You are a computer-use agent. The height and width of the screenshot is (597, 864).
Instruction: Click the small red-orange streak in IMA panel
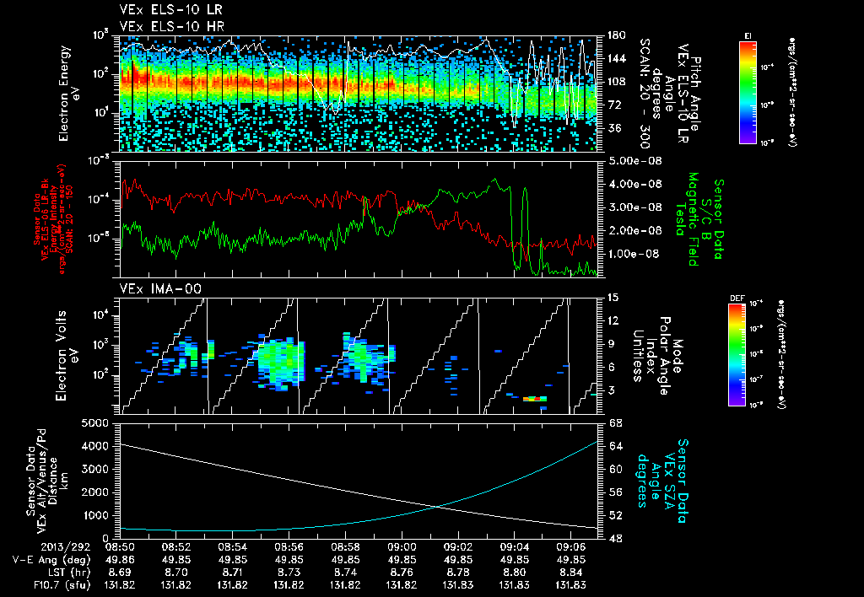pos(533,398)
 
